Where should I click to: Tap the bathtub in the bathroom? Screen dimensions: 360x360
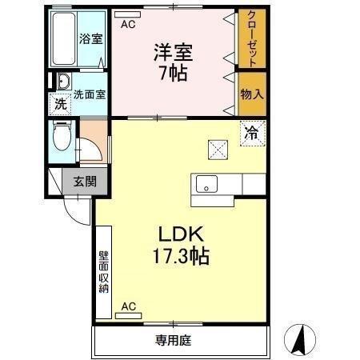tap(64, 38)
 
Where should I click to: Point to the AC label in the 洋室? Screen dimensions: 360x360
tap(128, 25)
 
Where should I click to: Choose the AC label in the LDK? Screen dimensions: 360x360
tap(128, 306)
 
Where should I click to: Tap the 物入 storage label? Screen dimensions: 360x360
tap(252, 94)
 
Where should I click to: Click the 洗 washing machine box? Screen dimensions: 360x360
tap(60, 102)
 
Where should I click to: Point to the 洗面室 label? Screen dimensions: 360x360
tap(90, 94)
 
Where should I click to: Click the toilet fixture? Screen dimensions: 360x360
tap(60, 136)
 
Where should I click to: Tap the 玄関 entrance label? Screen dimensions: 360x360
tap(84, 181)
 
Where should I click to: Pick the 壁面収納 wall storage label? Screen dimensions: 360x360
tap(104, 272)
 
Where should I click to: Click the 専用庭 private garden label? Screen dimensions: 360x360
tap(173, 340)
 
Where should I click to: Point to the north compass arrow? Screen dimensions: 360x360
tap(302, 340)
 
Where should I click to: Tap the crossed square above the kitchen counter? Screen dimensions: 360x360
tap(218, 148)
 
